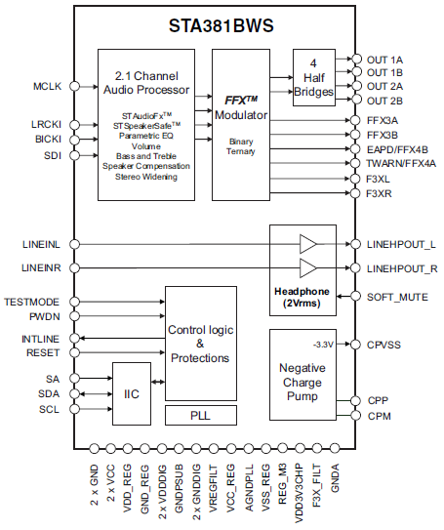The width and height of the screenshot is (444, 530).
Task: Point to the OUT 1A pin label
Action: [x=385, y=60]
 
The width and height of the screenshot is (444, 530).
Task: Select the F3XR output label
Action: [x=381, y=193]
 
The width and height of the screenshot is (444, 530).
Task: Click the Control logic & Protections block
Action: [x=200, y=344]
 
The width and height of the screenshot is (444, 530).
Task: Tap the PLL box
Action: [x=200, y=415]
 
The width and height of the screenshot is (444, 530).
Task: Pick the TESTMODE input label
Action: [x=33, y=303]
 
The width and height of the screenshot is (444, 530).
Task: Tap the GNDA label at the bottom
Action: [x=336, y=481]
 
